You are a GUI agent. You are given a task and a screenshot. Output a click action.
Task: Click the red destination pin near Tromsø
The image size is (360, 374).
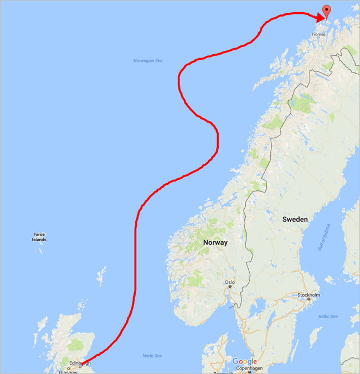327,11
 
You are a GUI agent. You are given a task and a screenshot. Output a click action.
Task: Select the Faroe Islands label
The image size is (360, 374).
39,237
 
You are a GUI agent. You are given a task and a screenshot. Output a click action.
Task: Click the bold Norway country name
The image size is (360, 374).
215,242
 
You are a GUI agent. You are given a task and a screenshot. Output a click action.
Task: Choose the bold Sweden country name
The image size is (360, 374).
295,220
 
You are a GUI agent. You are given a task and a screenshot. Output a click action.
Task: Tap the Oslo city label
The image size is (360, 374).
230,282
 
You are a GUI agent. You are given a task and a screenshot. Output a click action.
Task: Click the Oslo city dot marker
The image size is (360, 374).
229,287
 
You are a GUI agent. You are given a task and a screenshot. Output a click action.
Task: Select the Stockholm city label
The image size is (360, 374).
308,295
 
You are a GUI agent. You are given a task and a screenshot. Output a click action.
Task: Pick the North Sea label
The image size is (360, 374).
151,356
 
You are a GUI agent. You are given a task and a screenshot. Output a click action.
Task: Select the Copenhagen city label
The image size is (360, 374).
248,368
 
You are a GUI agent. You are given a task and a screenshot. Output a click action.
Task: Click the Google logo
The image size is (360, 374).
244,361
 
